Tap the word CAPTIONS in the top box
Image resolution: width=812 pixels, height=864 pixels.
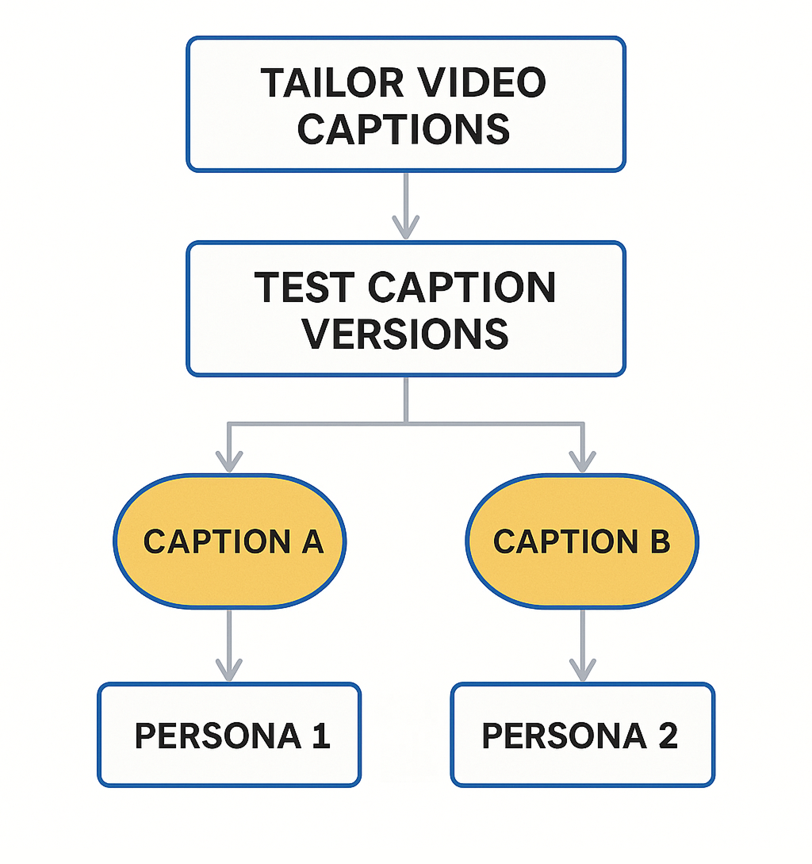pos(404,128)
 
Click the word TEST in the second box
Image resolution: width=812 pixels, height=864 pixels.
pos(305,287)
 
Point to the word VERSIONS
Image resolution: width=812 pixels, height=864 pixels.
pos(405,333)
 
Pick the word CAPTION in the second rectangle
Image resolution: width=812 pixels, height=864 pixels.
pos(463,287)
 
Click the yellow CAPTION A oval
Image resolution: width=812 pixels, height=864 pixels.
pos(230,541)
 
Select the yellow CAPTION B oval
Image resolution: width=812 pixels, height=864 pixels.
pos(581,541)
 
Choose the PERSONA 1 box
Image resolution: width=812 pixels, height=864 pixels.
pos(229,736)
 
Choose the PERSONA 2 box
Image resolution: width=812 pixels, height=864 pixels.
pos(582,736)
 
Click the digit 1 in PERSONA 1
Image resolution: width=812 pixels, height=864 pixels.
pos(320,736)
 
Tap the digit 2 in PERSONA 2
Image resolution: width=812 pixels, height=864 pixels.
pos(668,736)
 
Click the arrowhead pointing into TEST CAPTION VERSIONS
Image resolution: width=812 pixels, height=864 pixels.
pos(406,229)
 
